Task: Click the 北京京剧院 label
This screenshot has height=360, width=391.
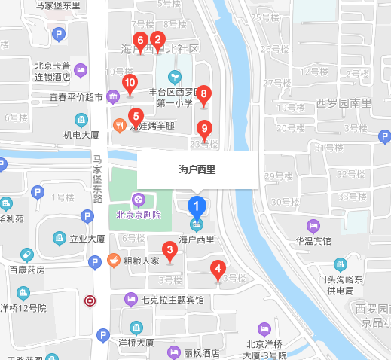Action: [x=139, y=213]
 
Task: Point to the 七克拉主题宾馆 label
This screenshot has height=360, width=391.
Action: [x=173, y=299]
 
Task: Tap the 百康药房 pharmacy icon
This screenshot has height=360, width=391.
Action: [x=27, y=255]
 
